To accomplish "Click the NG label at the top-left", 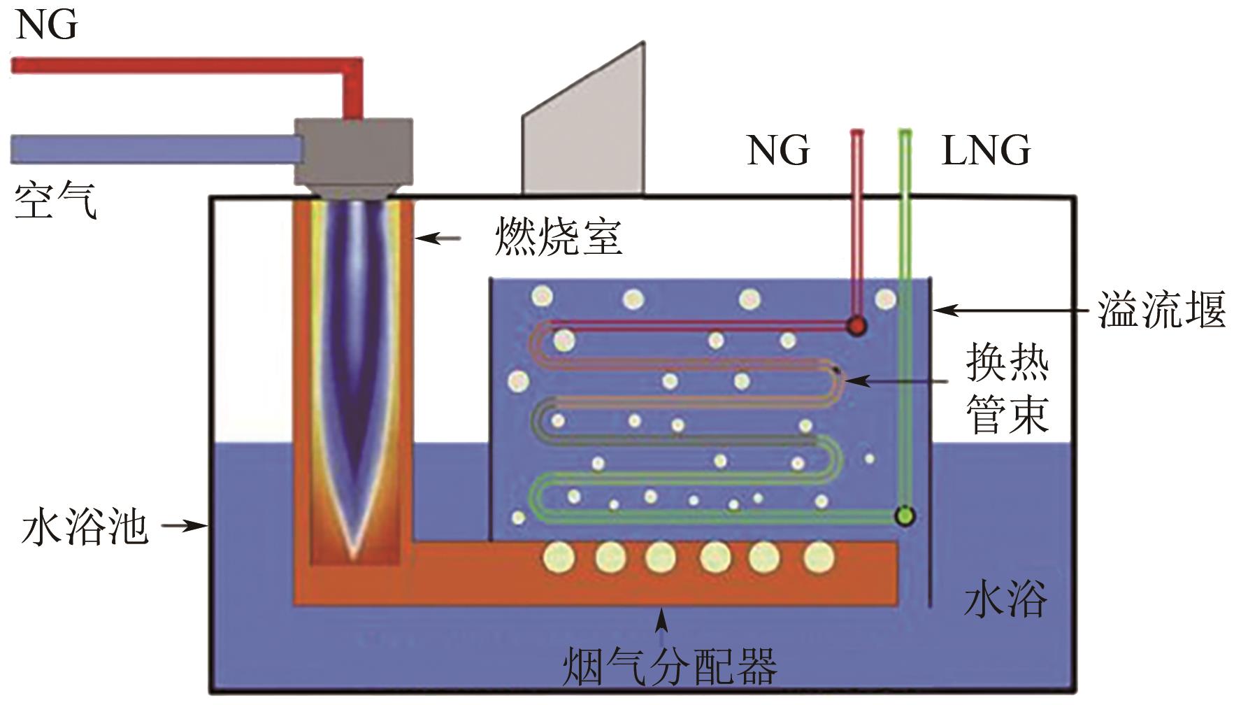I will tap(46, 26).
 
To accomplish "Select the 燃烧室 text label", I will tap(558, 238).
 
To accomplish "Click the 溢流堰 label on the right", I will tap(1161, 310).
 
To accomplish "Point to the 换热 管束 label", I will tap(1007, 388).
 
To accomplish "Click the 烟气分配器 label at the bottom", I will tap(670, 667).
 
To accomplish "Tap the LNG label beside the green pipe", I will tap(986, 151).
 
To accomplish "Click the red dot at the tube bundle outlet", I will tap(856, 325).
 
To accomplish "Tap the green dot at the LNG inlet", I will tap(905, 516).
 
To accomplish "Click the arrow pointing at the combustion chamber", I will tap(438, 238).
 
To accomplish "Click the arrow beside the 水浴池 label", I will tap(183, 526).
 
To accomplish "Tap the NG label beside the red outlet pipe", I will tap(778, 151).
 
